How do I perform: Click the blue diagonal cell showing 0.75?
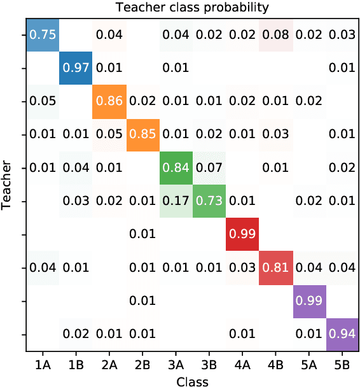(42, 35)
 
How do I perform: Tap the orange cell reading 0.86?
(109, 101)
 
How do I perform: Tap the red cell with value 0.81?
(275, 267)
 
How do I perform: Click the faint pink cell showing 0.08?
(275, 35)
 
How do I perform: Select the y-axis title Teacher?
(8, 185)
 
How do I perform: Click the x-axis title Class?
(191, 380)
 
